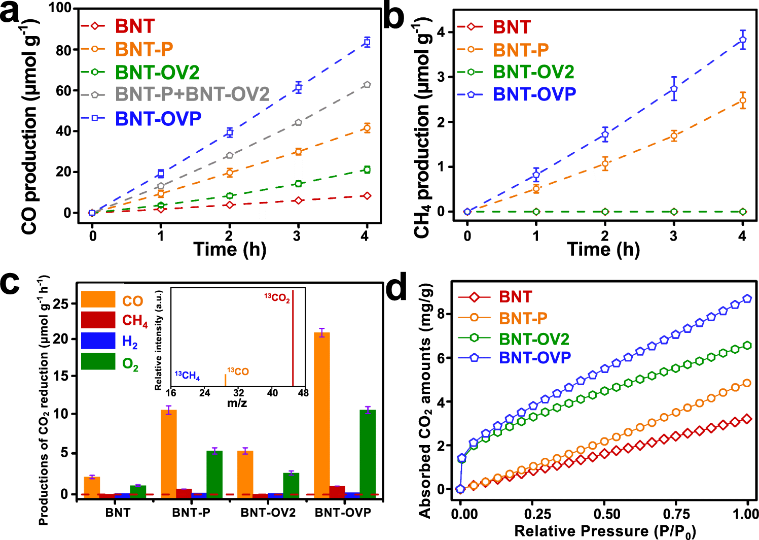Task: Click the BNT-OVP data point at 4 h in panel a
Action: click(367, 42)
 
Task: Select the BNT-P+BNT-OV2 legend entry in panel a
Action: click(192, 94)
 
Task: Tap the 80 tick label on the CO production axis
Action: click(63, 50)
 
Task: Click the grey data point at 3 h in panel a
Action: click(298, 122)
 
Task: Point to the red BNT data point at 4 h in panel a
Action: click(367, 196)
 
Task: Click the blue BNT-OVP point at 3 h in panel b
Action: click(674, 89)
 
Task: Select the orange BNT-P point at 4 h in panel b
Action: click(742, 100)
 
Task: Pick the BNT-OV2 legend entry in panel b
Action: click(533, 72)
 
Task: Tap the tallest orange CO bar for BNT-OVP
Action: click(322, 413)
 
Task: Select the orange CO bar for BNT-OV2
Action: click(245, 473)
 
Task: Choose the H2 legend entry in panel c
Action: click(129, 342)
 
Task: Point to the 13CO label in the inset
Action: click(238, 372)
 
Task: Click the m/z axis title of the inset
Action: click(237, 403)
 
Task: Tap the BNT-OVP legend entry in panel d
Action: click(534, 358)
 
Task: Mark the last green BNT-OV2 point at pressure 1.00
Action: click(747, 346)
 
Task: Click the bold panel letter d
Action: click(396, 289)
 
